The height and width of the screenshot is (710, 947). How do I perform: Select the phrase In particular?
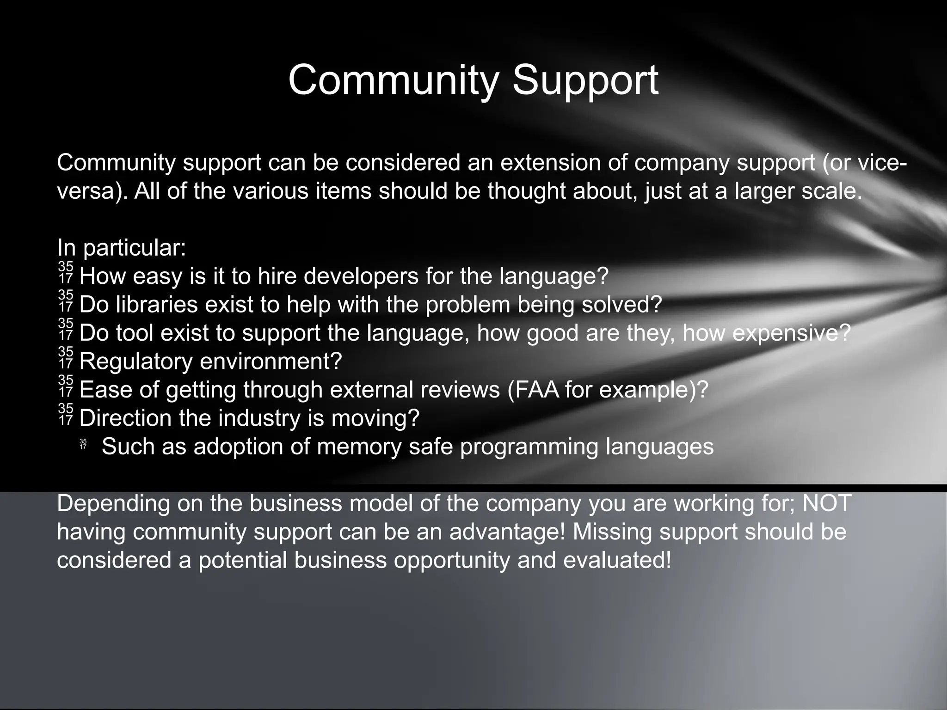[x=122, y=248]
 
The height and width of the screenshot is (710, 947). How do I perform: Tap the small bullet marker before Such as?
[x=83, y=444]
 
